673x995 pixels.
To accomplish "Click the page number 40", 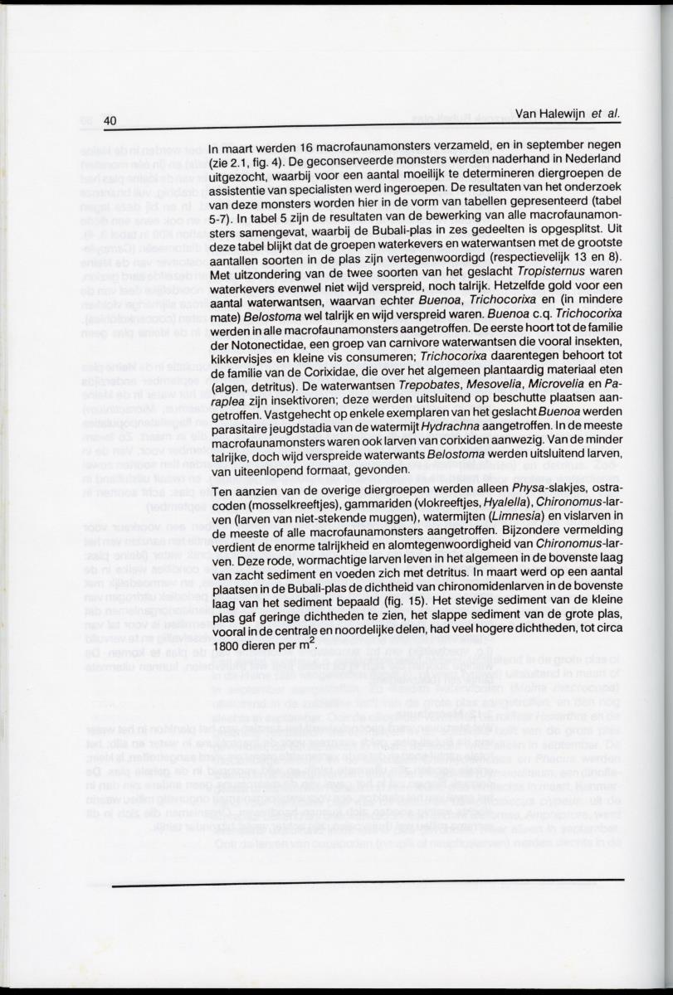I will pyautogui.click(x=110, y=120).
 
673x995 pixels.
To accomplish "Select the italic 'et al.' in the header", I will pyautogui.click(x=607, y=115).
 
